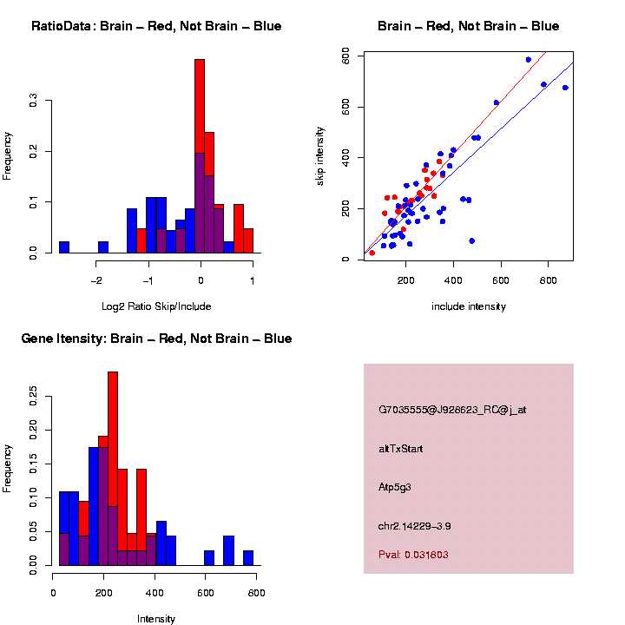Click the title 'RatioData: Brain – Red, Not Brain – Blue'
[156, 26]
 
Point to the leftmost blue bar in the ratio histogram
[64, 247]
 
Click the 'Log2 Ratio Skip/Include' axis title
[156, 306]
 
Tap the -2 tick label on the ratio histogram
[95, 280]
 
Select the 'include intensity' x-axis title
[469, 306]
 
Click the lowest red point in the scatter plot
[372, 253]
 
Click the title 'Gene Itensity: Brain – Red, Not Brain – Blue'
[156, 339]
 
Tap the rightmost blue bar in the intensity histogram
[248, 557]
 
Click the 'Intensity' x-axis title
[156, 619]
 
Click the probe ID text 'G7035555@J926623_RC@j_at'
[452, 409]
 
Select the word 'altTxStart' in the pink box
[401, 449]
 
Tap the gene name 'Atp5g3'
[395, 487]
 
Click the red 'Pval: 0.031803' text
[414, 554]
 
